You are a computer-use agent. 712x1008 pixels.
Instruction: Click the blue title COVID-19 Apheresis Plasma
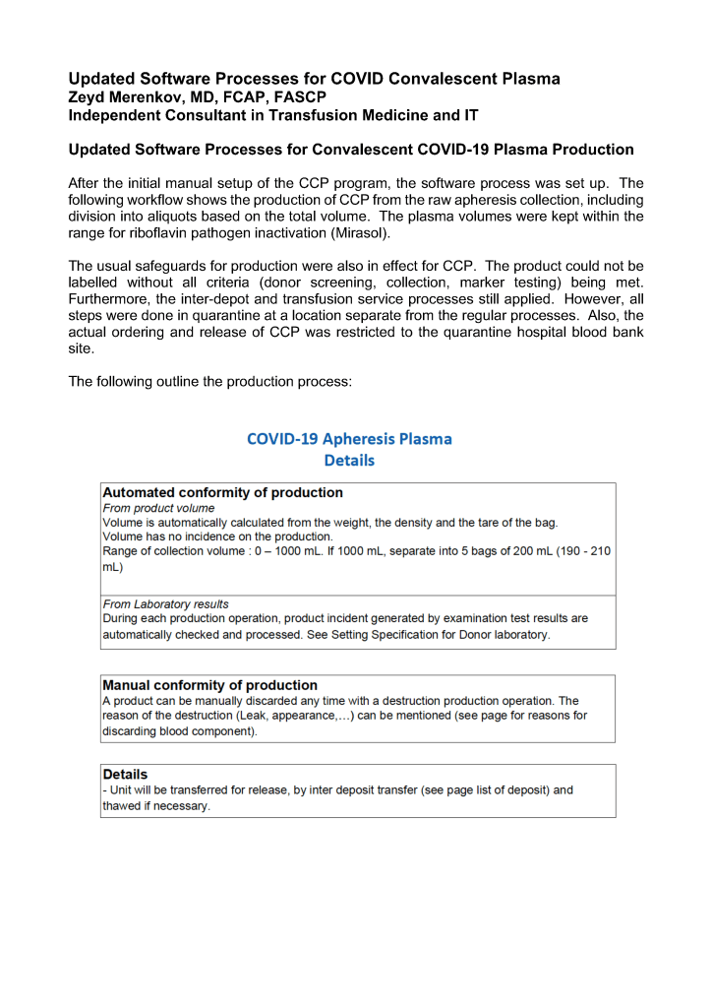(349, 439)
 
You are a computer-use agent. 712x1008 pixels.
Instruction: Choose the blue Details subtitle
(349, 460)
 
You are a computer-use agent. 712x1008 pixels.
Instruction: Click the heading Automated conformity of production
(223, 492)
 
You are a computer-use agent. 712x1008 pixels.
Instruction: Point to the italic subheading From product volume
(158, 508)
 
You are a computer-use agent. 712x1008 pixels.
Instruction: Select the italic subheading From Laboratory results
(165, 603)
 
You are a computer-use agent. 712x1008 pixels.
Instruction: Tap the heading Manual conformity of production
(210, 685)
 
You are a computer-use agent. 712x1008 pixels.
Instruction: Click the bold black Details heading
(126, 776)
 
